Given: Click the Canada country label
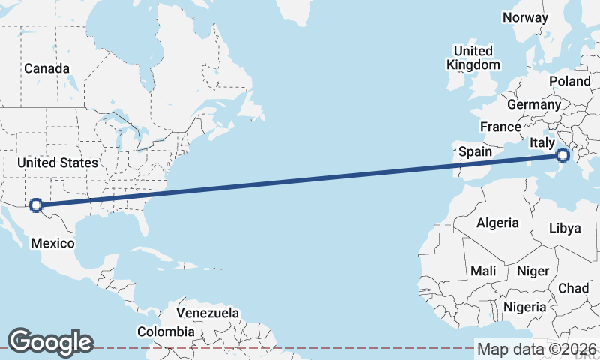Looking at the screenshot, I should pos(46,68).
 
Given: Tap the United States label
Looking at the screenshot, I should pos(58,163).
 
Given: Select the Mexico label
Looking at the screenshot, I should pos(52,243).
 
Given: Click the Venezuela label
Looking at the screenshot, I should pos(208,313).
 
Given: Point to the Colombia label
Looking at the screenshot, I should pos(166,331).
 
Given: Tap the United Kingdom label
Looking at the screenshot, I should pos(473,58).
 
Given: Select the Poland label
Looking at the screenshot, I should pos(570,81).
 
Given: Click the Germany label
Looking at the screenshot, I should pos(534,104).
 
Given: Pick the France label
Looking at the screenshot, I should pos(500,127).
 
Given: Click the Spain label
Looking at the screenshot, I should pos(475,151).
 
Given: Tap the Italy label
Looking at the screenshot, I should pos(541,142).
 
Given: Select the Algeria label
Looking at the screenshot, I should pos(497,223).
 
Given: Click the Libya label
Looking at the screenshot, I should pos(565,228).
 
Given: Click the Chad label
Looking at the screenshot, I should pos(573,288).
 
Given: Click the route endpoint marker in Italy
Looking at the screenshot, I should pos(562,156).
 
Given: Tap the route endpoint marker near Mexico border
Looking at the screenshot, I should pos(34,205).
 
